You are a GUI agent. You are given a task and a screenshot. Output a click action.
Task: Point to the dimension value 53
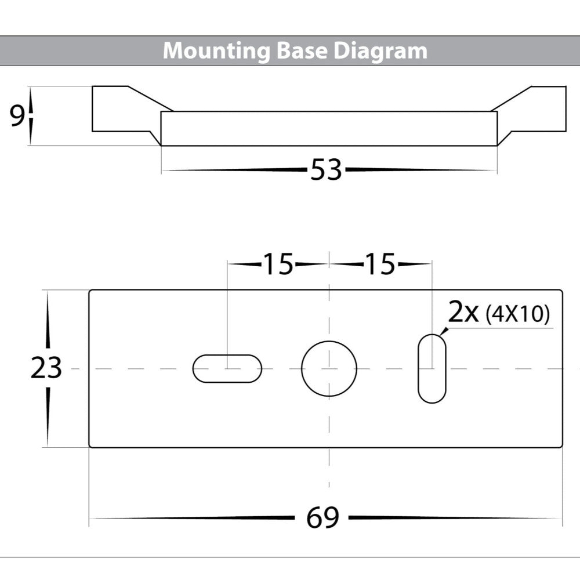coord(326,171)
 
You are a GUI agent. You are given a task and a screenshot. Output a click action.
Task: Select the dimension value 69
coord(324,517)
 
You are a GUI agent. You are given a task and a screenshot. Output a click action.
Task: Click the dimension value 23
coord(46,368)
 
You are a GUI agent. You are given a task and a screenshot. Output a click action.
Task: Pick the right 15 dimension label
coord(379,264)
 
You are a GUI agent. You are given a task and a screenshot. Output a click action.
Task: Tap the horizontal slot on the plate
coord(227,369)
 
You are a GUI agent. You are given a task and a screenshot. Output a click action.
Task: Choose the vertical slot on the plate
coord(432,368)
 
